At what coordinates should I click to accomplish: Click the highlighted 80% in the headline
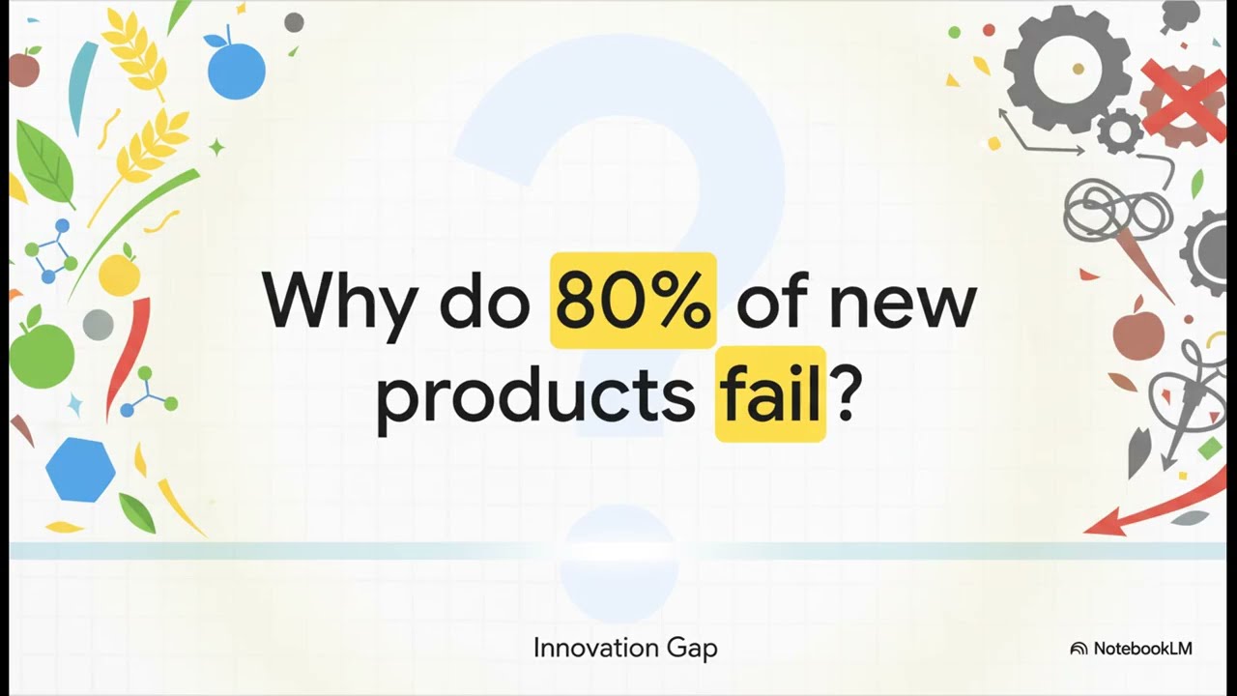coord(633,301)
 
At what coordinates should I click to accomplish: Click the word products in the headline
coord(534,396)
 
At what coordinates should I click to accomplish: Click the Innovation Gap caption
coord(625,648)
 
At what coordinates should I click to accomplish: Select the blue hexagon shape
coord(80,470)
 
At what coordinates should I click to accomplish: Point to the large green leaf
coord(44,162)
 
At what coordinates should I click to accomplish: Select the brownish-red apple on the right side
coord(1138,333)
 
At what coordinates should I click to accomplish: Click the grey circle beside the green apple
coord(98,325)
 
